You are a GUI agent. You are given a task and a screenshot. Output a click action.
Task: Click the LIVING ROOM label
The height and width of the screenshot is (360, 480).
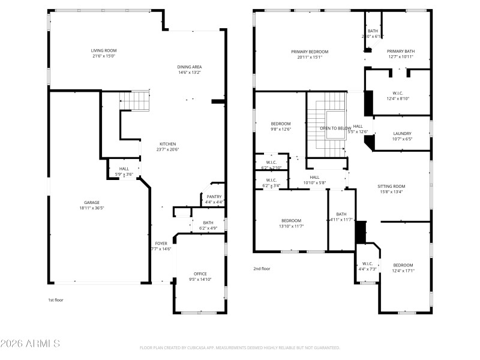click(103, 50)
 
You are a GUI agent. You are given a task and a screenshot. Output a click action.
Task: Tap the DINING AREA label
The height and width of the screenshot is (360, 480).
click(189, 67)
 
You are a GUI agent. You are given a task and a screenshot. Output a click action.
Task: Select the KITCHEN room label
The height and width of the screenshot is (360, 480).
click(167, 144)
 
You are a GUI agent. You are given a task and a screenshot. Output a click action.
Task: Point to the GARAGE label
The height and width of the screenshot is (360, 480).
click(92, 202)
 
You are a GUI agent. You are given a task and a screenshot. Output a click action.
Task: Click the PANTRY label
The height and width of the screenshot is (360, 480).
click(214, 197)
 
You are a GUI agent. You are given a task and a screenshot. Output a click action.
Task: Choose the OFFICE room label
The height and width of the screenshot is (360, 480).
click(200, 274)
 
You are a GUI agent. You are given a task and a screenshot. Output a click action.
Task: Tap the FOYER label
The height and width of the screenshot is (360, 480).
click(161, 243)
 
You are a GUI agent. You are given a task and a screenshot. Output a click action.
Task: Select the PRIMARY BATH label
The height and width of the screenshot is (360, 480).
click(400, 52)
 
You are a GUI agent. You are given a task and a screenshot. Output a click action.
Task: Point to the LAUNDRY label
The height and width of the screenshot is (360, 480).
click(402, 133)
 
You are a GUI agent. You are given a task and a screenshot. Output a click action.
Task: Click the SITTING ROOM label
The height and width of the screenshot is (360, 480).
click(391, 187)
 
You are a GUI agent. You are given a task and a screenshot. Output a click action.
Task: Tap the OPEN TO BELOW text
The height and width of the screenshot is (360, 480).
click(335, 128)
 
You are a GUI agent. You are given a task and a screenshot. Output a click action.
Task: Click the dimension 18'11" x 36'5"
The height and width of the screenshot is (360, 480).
click(92, 208)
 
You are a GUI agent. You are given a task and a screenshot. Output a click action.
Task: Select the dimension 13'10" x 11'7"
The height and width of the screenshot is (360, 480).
click(291, 226)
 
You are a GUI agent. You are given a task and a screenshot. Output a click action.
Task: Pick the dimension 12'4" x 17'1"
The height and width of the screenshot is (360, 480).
click(403, 271)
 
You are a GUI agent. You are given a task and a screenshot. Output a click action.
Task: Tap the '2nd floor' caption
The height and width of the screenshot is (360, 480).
click(262, 269)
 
